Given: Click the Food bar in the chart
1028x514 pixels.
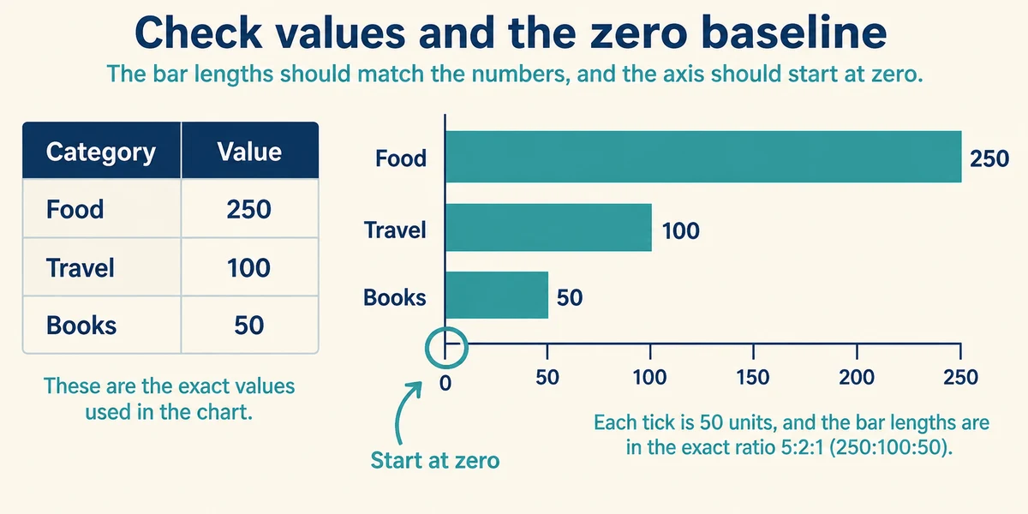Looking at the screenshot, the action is point(703,157).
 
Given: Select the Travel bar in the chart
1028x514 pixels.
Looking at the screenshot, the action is point(548,228).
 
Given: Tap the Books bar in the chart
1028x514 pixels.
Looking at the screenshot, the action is point(497,295).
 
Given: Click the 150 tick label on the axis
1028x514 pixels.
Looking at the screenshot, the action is point(753,378).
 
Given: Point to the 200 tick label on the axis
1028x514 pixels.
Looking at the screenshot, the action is point(857,378).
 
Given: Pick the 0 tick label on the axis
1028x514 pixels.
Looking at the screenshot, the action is point(445,383).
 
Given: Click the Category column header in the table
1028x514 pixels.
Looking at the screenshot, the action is point(101,152).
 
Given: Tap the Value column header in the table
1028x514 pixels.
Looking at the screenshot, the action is point(249,152).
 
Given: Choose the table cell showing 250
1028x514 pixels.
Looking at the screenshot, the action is point(249,209).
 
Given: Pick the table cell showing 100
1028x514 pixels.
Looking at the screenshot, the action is point(249,267).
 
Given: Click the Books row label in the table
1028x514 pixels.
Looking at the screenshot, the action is point(81,325).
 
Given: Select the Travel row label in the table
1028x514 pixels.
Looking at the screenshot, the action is point(80,267).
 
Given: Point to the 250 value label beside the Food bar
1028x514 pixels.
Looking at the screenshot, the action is point(989,158).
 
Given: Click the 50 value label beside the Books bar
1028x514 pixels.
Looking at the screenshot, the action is point(570,297).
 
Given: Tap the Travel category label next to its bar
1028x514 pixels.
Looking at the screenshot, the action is point(395,230).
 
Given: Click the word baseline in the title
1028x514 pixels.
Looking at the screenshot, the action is point(794,33).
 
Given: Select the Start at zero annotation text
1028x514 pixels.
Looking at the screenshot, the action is point(435,460).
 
